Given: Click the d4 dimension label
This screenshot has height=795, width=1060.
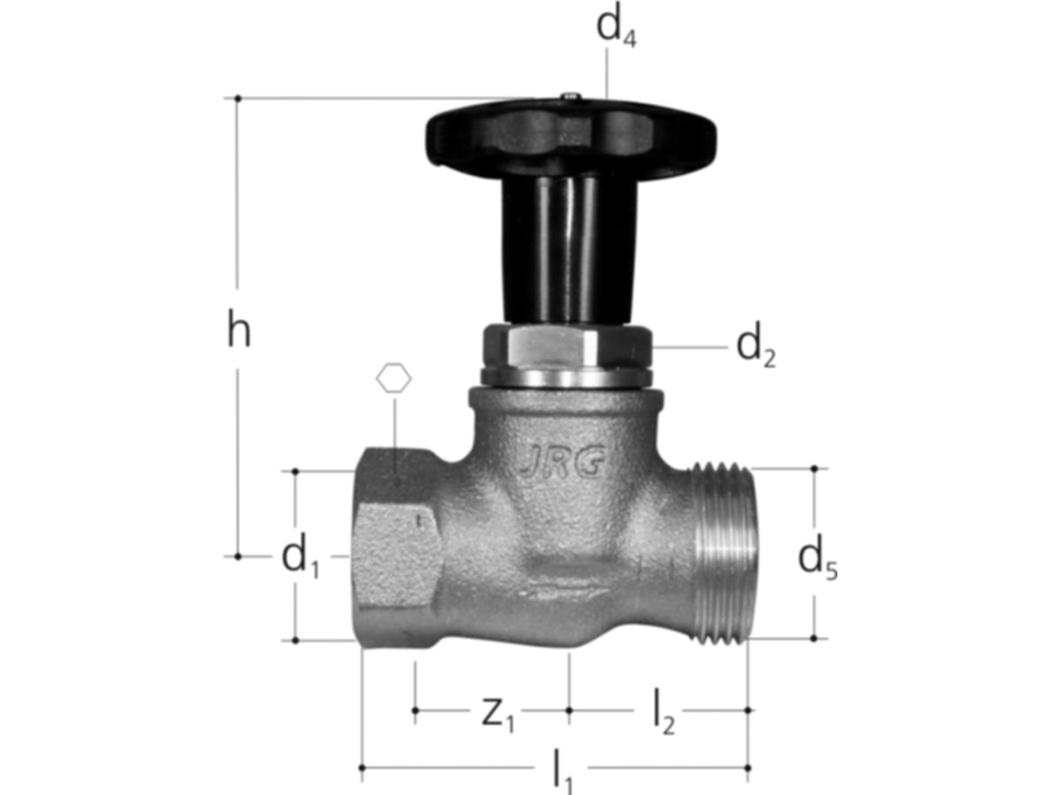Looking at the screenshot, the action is [617, 28].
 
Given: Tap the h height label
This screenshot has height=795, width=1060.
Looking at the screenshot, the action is [239, 328].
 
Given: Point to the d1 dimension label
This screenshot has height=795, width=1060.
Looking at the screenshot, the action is [300, 558].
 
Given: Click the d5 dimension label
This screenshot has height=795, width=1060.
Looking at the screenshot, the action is [817, 560].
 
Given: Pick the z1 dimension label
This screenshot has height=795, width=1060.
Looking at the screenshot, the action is [498, 715].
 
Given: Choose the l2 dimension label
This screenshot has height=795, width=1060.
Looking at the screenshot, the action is [664, 711].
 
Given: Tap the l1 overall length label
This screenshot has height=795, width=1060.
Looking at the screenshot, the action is [562, 772].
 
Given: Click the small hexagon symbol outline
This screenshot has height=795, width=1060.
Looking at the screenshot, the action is [394, 378].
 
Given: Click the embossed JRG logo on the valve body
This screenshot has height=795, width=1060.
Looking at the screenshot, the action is [562, 461].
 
